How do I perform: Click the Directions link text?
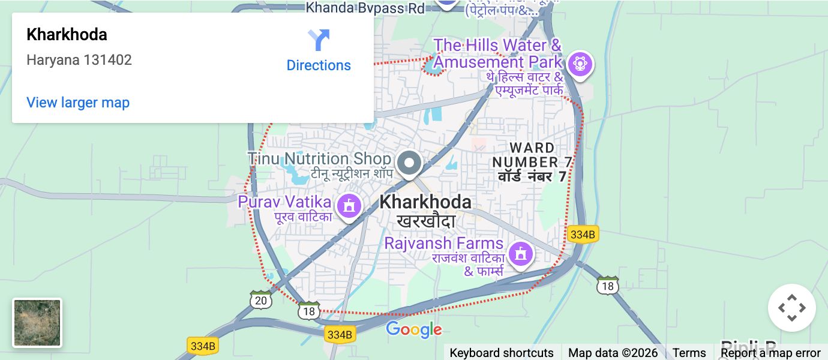(319, 65)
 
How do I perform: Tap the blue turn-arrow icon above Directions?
(319, 40)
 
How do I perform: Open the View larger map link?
(78, 103)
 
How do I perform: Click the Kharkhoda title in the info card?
(67, 35)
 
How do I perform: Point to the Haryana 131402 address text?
(79, 60)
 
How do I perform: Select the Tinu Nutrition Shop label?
(319, 159)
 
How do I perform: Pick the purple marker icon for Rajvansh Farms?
(520, 254)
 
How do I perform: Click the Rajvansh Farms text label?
(443, 244)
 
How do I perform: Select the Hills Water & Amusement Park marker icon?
(579, 63)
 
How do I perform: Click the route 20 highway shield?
(260, 300)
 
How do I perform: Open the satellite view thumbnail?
(37, 323)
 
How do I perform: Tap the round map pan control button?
(791, 308)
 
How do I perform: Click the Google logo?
(413, 329)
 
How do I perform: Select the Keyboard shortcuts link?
(502, 353)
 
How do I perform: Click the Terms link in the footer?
(689, 353)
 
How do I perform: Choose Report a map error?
(770, 353)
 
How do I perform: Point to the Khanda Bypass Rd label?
(365, 8)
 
